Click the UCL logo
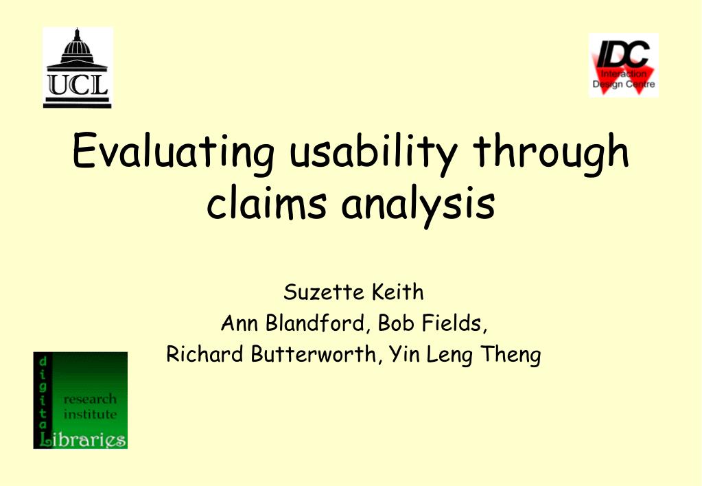click(78, 68)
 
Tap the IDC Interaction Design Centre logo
click(623, 65)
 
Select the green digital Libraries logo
click(80, 400)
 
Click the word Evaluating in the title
click(173, 151)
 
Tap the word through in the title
click(551, 151)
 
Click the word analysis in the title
click(418, 205)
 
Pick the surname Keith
click(397, 292)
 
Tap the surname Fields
click(455, 323)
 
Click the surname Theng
click(511, 355)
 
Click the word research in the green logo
click(90, 399)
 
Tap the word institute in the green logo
click(90, 414)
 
